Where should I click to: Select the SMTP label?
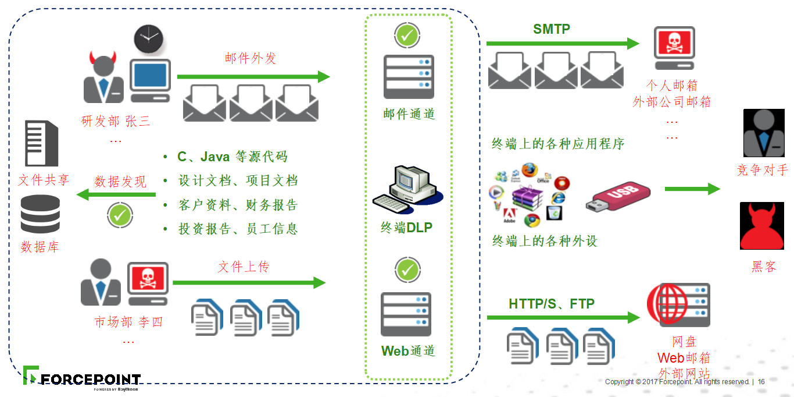tap(552, 29)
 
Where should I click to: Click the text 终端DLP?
tap(407, 228)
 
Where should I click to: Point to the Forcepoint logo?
tap(82, 378)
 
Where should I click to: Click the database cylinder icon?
tap(40, 214)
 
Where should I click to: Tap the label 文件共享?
tap(44, 179)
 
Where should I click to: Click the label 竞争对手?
tap(762, 169)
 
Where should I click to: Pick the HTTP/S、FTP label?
tap(552, 303)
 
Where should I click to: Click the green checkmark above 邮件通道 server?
tap(407, 36)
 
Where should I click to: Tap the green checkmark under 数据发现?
tap(120, 215)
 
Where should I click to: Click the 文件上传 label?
tap(244, 267)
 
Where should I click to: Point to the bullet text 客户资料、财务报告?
tap(238, 205)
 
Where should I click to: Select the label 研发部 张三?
tap(116, 121)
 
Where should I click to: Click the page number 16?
tap(761, 382)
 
